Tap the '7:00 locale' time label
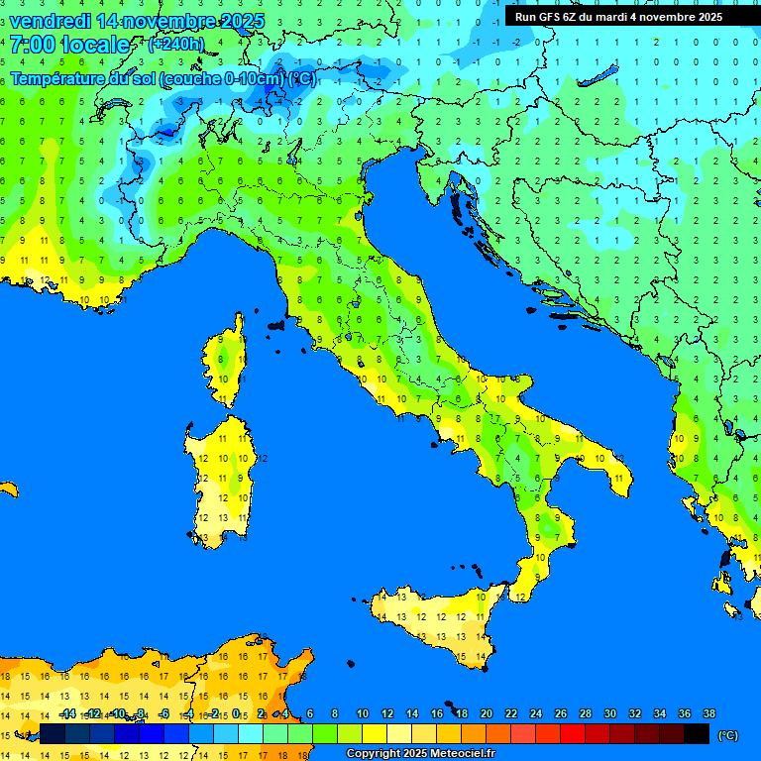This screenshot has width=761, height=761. tap(69, 45)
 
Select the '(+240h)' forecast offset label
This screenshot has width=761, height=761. tap(175, 44)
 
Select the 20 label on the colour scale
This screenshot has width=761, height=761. tap(486, 713)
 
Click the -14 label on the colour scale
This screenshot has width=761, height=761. tap(67, 713)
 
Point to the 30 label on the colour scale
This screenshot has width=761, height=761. tap(609, 713)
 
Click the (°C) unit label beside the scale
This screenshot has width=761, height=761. tap(727, 735)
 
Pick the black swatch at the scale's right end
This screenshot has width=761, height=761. tap(697, 733)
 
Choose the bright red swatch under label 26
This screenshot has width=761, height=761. tap(573, 733)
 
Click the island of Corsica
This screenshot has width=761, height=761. tap(227, 362)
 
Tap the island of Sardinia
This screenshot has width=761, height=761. tap(220, 481)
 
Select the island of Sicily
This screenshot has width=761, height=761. tap(436, 619)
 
